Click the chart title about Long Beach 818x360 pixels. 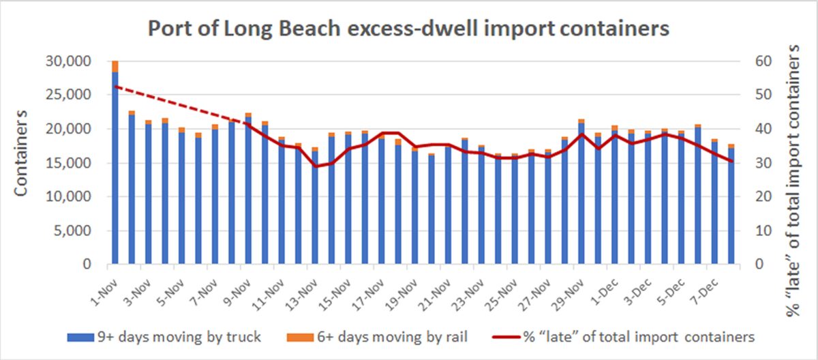click(409, 29)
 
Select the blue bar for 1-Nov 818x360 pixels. click(115, 170)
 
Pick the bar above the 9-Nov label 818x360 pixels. click(248, 191)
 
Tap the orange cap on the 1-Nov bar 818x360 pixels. click(115, 66)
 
